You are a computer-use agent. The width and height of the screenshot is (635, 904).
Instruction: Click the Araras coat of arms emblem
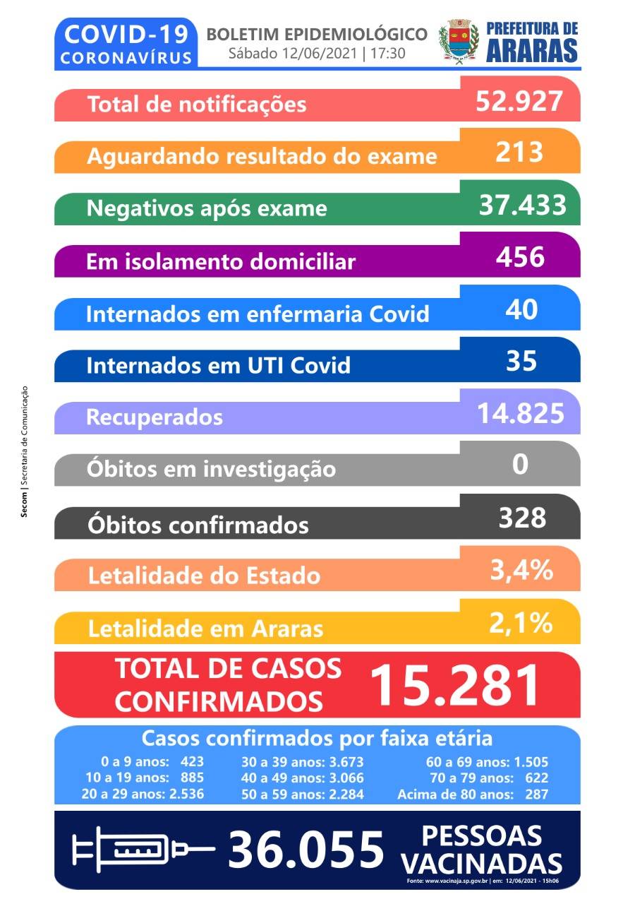coord(459,42)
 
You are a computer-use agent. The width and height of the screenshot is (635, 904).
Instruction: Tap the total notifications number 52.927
coord(520,101)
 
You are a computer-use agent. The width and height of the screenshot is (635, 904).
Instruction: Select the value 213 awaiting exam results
coord(519,152)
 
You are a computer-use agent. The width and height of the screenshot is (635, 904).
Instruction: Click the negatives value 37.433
coord(522,205)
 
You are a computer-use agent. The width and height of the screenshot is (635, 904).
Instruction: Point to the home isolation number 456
coord(520,257)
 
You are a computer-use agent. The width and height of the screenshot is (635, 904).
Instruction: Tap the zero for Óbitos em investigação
coord(521,465)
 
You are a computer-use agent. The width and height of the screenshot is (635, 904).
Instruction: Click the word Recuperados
coord(154,417)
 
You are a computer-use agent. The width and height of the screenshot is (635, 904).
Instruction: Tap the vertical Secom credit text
coord(25,452)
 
